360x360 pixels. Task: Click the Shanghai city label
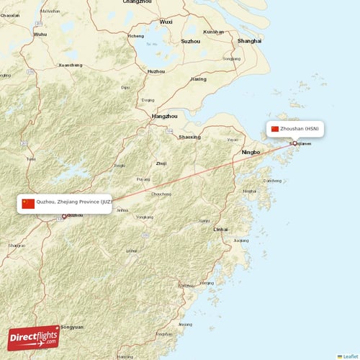(x=249, y=41)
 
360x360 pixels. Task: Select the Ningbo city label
(x=251, y=153)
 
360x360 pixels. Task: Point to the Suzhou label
(x=191, y=41)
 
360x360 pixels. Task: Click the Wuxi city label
(x=166, y=22)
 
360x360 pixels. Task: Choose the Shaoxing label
(x=189, y=137)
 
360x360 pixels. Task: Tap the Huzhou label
(x=156, y=71)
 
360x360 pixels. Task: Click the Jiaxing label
(x=197, y=79)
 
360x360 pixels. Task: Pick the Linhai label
(x=220, y=229)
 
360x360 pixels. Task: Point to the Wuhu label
(x=40, y=34)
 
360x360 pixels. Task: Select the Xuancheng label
(x=71, y=66)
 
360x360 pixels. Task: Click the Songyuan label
(x=72, y=327)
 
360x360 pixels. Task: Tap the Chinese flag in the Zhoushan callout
(x=274, y=129)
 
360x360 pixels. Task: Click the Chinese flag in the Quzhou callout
(x=28, y=204)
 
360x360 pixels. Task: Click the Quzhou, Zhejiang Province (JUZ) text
(x=74, y=204)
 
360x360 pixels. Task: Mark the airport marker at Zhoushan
(x=294, y=143)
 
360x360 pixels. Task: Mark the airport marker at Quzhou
(x=63, y=216)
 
